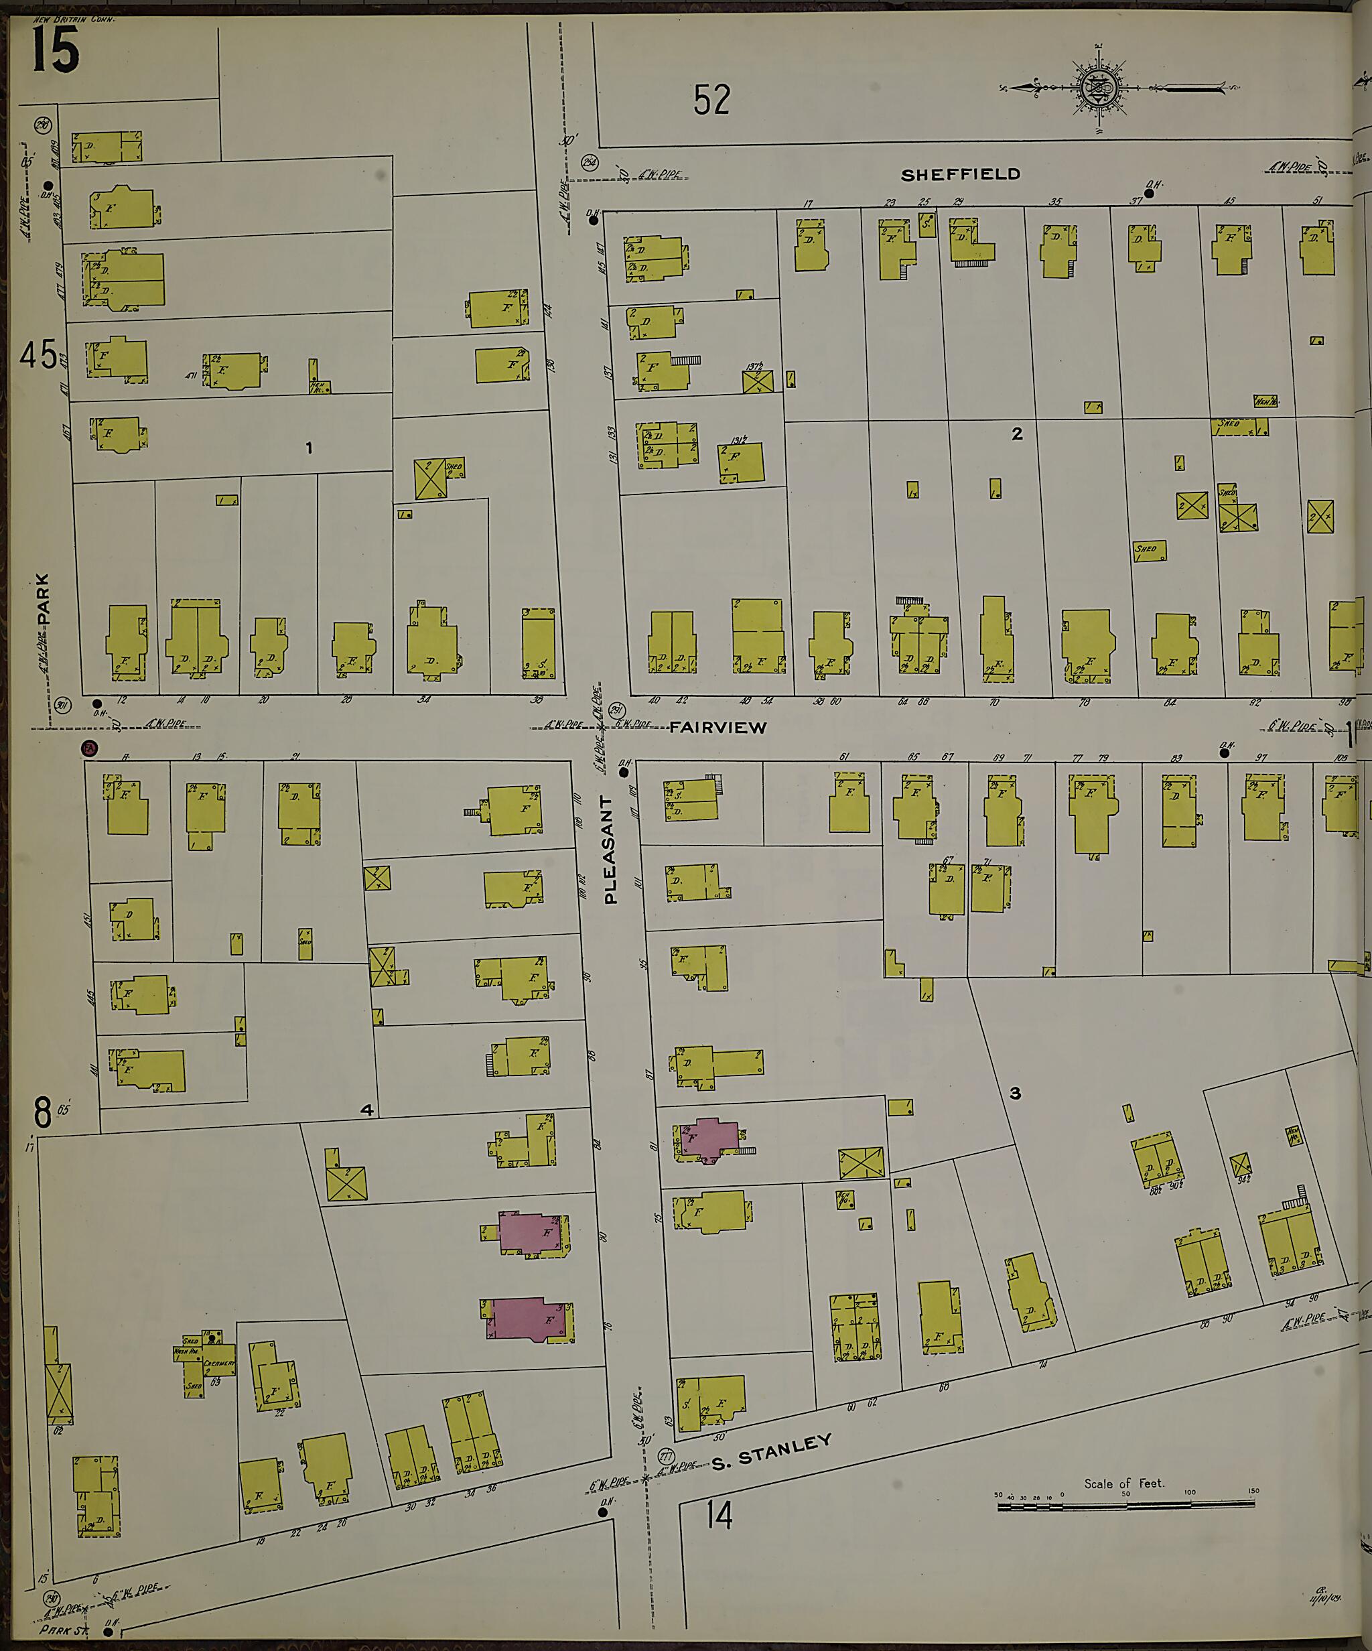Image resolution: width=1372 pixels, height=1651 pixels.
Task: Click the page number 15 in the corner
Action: [x=55, y=49]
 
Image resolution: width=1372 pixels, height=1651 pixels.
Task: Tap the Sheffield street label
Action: [x=960, y=174]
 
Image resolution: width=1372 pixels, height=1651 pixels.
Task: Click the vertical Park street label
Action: [x=42, y=599]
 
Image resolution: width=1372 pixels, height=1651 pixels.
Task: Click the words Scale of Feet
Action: [x=1123, y=1483]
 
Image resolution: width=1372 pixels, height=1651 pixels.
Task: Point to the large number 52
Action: [x=711, y=100]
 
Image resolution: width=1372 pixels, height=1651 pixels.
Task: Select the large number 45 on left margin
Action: [x=38, y=354]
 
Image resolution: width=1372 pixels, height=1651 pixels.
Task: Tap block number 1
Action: [x=309, y=448]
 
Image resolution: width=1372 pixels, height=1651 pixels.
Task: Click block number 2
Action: [x=1017, y=434]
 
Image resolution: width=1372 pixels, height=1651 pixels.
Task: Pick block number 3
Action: [x=1015, y=1093]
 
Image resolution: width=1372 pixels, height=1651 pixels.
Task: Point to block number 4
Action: [x=366, y=1110]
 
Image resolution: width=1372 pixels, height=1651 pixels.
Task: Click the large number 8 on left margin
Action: [x=42, y=1112]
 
